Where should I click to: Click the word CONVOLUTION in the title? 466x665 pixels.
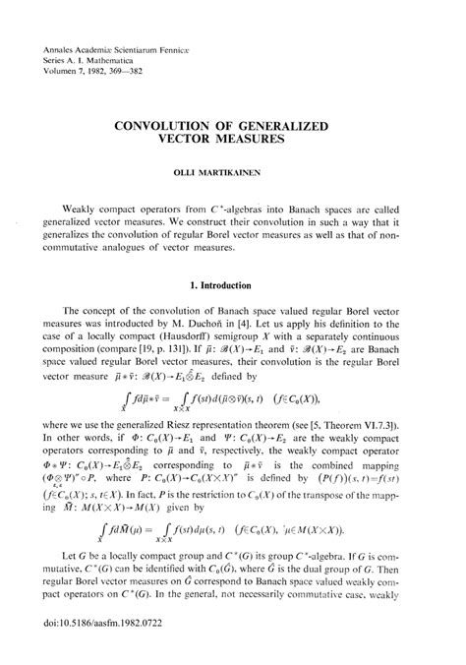164,126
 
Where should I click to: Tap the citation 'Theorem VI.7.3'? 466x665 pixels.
371,452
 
